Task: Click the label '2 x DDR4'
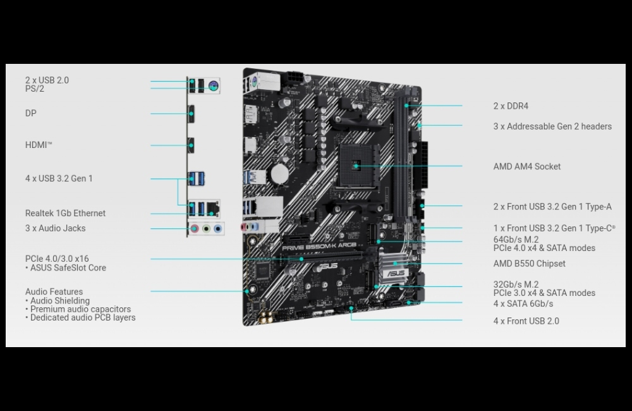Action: (x=511, y=106)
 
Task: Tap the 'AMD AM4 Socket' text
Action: (x=527, y=166)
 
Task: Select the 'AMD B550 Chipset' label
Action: (x=529, y=264)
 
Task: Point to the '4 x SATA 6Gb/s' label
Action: (x=523, y=304)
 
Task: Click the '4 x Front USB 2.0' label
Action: (x=526, y=321)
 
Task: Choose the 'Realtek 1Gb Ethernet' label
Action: (x=65, y=213)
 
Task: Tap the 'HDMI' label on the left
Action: (x=39, y=145)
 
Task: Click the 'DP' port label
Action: (x=30, y=113)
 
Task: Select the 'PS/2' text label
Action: (x=35, y=89)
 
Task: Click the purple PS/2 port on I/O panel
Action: (x=214, y=85)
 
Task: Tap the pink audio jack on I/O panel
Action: (x=195, y=229)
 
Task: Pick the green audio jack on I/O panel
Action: (x=207, y=229)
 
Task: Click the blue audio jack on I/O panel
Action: (x=218, y=229)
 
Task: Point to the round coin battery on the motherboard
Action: (x=280, y=174)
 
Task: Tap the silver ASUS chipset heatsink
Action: (x=395, y=268)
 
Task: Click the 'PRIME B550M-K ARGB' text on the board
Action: (x=319, y=247)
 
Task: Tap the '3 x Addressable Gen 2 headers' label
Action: (x=552, y=126)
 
